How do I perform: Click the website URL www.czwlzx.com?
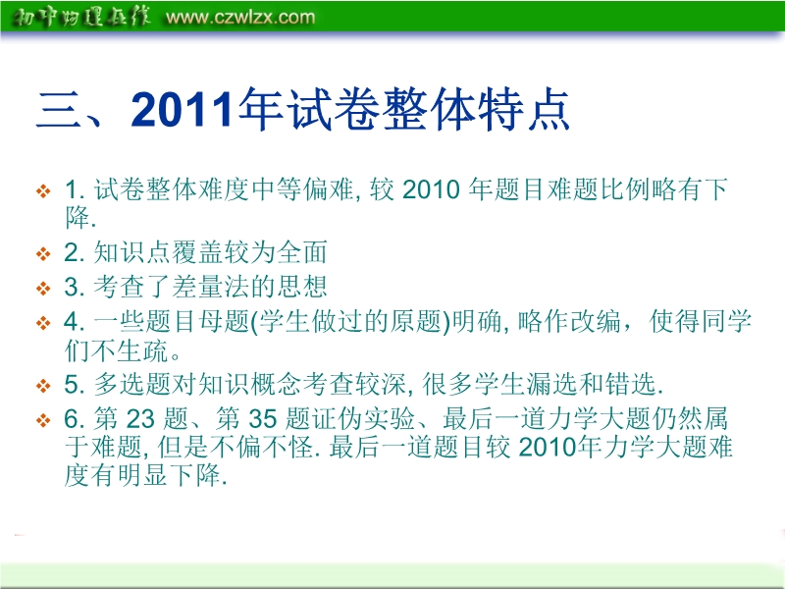click(240, 17)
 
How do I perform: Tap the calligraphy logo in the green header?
click(80, 17)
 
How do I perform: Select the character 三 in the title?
click(59, 110)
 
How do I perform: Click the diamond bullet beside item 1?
click(43, 190)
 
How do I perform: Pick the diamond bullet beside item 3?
click(43, 288)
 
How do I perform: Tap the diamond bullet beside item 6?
click(43, 420)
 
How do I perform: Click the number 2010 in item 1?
click(431, 189)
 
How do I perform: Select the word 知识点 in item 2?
click(132, 252)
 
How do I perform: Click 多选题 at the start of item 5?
click(132, 384)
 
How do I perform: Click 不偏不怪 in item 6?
click(260, 447)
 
